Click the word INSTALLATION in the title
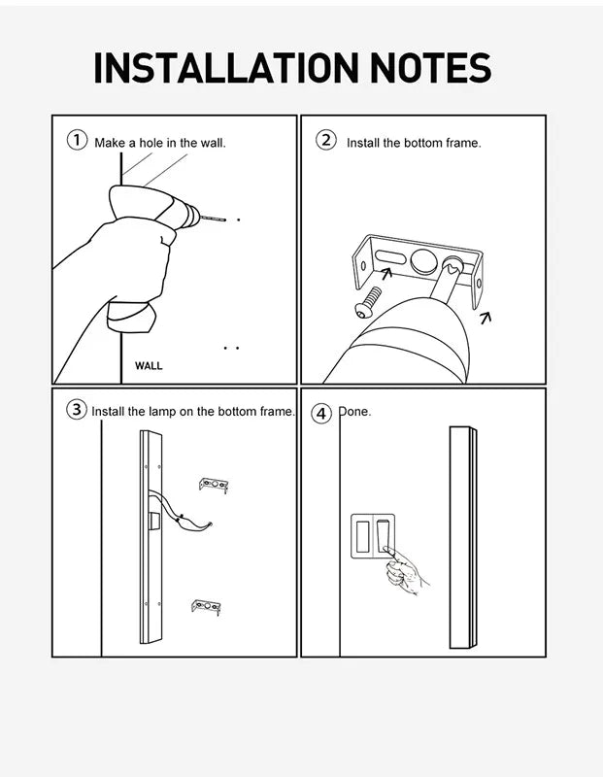(226, 67)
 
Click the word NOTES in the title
(431, 67)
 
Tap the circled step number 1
(77, 140)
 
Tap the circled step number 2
(326, 140)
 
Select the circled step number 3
(77, 410)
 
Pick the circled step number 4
(321, 414)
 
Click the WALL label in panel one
(149, 366)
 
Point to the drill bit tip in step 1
(225, 220)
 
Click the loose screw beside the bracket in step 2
(368, 302)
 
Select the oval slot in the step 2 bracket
(389, 256)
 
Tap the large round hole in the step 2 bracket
(422, 260)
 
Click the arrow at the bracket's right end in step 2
(486, 318)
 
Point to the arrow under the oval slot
(386, 273)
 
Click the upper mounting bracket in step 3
(214, 485)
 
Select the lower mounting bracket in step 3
(206, 606)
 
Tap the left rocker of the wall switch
(362, 537)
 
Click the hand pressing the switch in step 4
(405, 571)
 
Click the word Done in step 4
(354, 411)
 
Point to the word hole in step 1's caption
(151, 143)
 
